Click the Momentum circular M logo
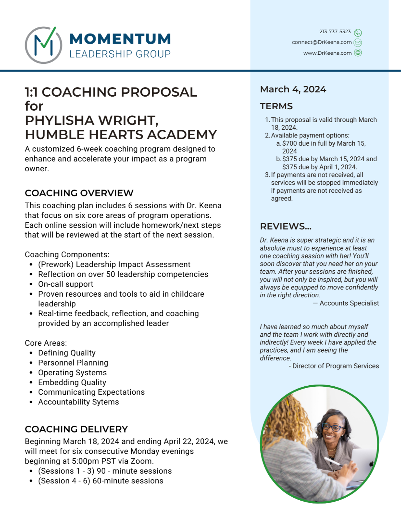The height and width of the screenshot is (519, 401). tap(43, 45)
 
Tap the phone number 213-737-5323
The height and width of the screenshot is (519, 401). tap(335, 32)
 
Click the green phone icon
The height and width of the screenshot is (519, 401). tap(358, 32)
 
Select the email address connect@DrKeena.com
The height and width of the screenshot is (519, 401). tap(322, 42)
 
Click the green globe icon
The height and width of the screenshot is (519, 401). tap(358, 53)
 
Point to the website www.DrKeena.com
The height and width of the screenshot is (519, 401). tap(327, 53)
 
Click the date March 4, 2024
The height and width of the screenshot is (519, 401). tap(293, 89)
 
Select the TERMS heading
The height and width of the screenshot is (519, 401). tap(276, 106)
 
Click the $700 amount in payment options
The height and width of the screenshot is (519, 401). tap(290, 143)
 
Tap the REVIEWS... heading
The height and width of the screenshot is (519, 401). tap(286, 226)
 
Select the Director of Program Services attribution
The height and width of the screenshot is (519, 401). tap(335, 366)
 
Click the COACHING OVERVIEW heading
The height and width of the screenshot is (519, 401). tap(79, 193)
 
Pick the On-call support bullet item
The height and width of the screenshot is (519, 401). tap(66, 284)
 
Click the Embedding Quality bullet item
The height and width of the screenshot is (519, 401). tap(72, 382)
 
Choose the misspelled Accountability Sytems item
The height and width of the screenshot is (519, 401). tap(78, 402)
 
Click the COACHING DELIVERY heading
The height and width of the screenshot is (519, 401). tap(76, 429)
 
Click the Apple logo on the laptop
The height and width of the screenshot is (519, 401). tap(371, 464)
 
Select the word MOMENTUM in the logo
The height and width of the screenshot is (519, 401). tap(120, 39)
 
